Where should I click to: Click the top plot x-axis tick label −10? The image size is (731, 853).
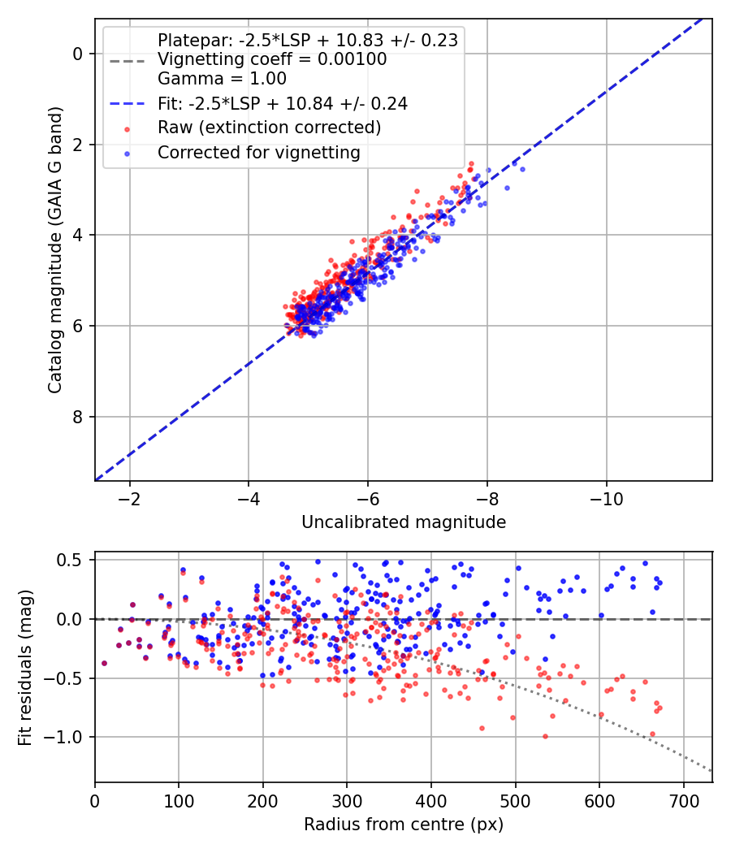point(607,499)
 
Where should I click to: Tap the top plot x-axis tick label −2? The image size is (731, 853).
point(129,499)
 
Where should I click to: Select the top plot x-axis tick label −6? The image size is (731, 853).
point(368,499)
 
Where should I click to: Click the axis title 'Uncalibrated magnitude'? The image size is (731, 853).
point(404,522)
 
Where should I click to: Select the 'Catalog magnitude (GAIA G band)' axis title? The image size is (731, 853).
point(55,250)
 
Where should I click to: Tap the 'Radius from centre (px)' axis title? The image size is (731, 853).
point(404,825)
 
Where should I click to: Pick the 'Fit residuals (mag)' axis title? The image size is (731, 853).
point(25,668)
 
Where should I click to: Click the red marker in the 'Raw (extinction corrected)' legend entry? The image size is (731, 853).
point(128,129)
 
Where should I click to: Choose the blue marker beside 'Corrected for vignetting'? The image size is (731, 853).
point(128,154)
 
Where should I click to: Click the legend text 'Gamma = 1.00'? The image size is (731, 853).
point(222,79)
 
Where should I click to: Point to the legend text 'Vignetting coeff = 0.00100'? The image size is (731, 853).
point(272,59)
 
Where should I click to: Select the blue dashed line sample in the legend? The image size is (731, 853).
point(128,104)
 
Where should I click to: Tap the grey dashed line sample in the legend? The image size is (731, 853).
point(128,61)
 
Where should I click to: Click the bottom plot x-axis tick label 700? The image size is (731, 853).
point(684,801)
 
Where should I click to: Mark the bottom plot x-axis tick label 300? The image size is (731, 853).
point(347,801)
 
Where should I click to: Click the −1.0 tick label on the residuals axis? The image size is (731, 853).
point(64,737)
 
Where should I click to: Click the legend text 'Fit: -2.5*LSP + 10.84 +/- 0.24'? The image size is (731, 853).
point(283,104)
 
